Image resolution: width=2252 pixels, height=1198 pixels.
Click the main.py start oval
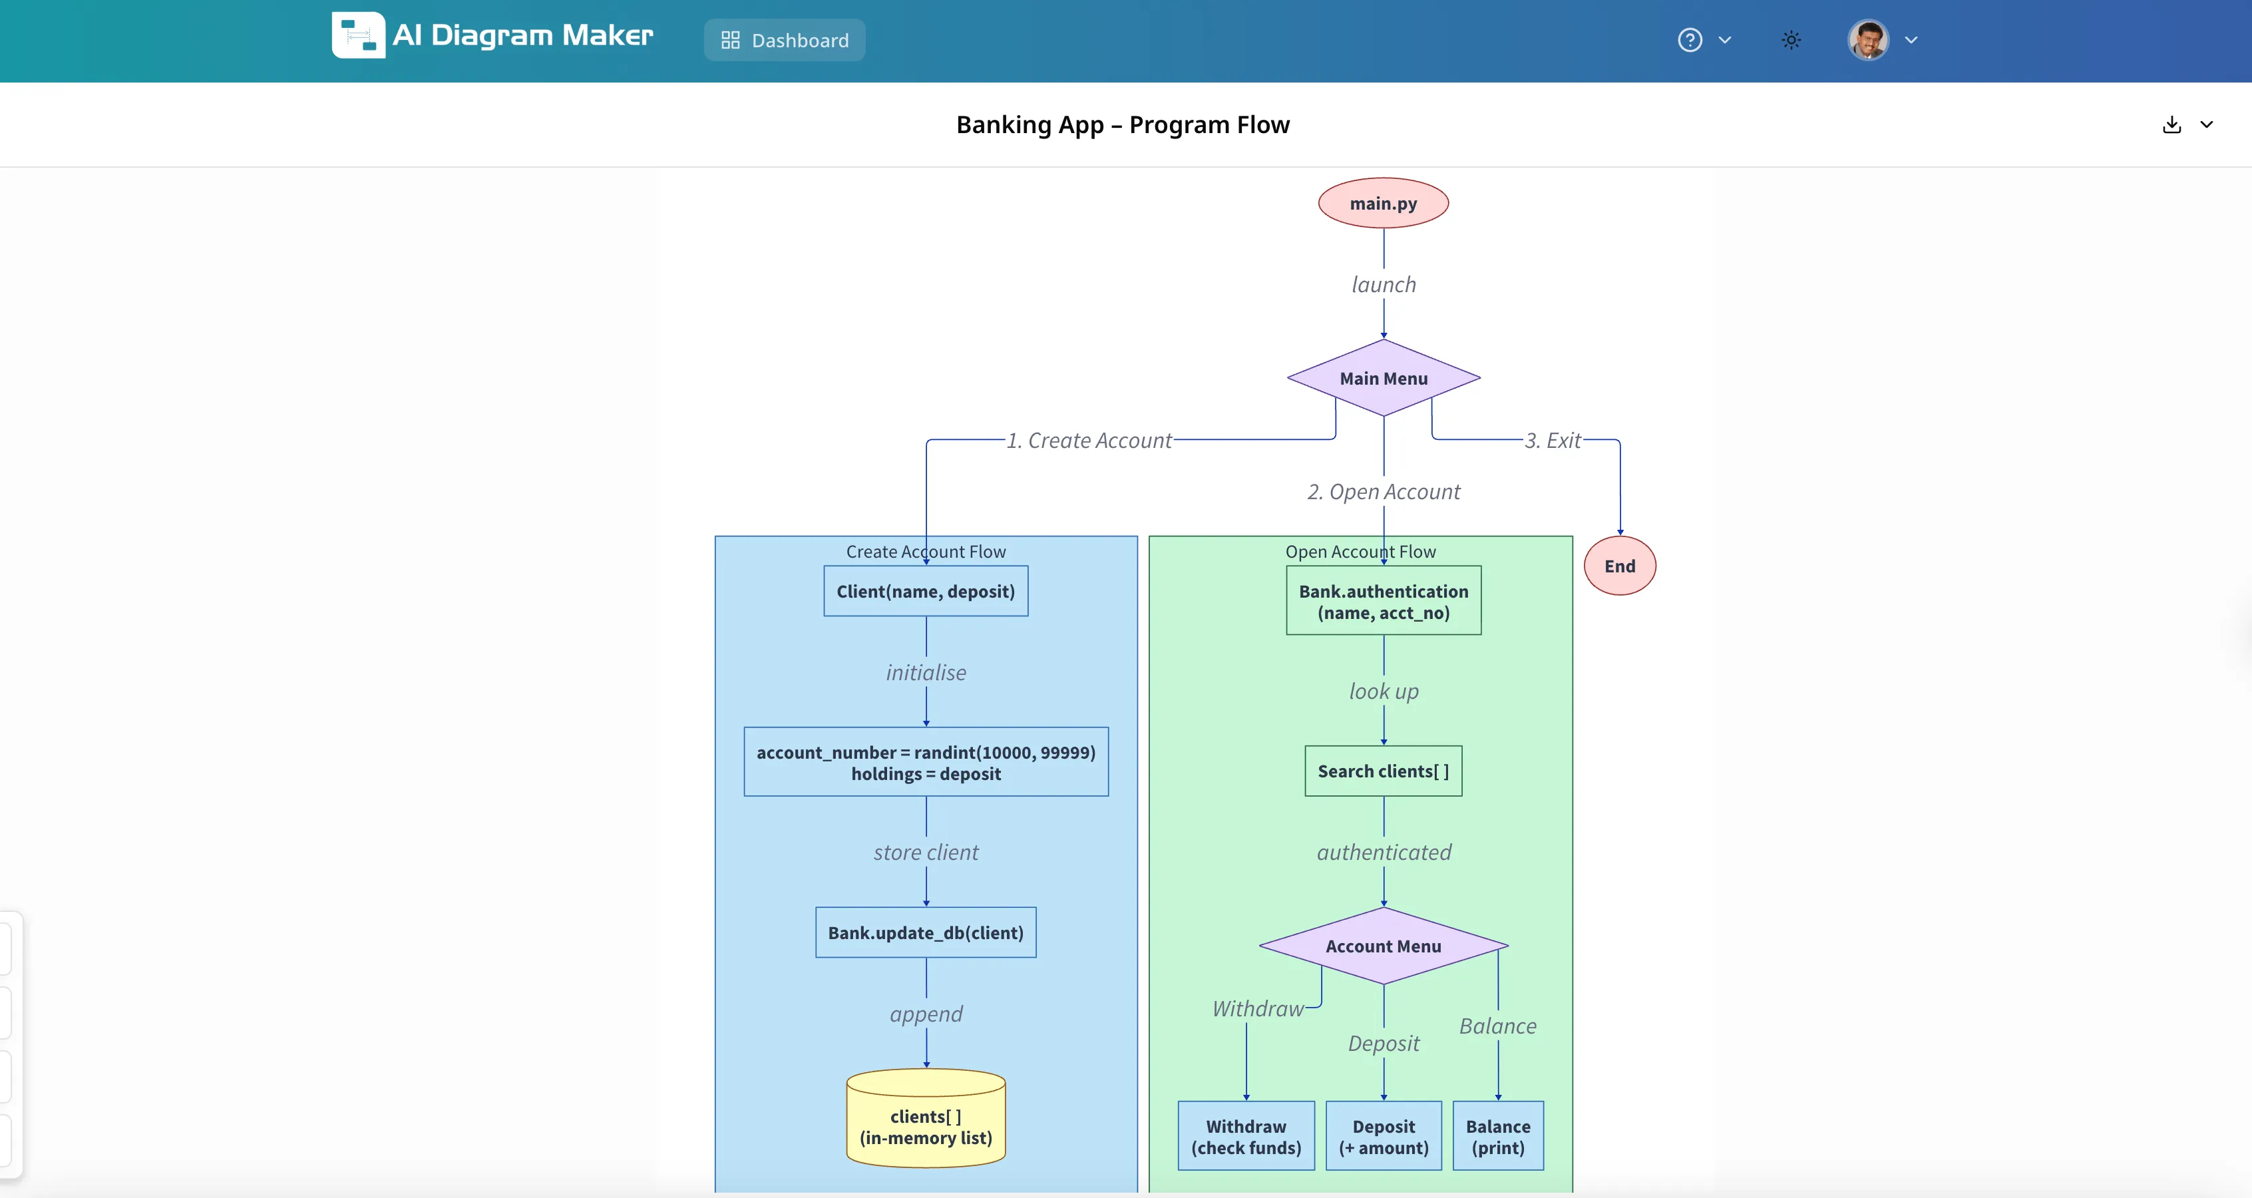[1383, 203]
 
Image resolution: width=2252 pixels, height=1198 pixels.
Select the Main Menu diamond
[1383, 378]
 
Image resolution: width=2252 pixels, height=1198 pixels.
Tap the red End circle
[1619, 566]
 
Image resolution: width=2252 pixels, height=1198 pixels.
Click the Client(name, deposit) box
[926, 591]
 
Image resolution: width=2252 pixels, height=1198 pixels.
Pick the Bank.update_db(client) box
[926, 932]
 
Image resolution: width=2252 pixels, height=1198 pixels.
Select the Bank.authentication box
[1383, 601]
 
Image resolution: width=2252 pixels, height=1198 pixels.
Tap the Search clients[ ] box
[1383, 771]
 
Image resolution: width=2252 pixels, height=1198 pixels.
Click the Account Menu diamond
[1383, 945]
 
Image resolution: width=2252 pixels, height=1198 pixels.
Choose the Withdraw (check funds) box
[1246, 1136]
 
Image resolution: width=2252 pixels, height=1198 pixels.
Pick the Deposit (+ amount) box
[1383, 1136]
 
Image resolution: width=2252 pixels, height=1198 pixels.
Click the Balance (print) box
[1497, 1136]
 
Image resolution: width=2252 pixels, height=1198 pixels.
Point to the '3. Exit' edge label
[1553, 440]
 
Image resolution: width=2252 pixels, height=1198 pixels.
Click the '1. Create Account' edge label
[1089, 440]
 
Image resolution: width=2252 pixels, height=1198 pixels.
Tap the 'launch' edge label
[1383, 284]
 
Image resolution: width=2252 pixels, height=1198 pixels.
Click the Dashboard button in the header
[784, 40]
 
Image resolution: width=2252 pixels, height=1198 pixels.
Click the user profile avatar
[1868, 40]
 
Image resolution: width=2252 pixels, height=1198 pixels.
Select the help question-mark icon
[1689, 40]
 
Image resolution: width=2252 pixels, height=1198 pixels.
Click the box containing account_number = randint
[926, 761]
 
